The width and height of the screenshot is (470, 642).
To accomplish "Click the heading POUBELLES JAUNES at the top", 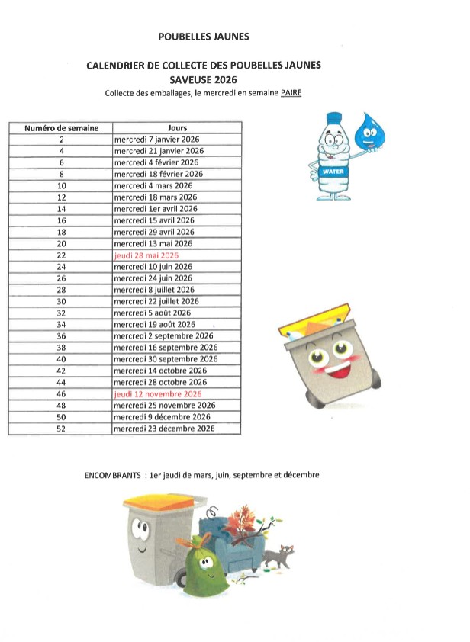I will tap(203, 36).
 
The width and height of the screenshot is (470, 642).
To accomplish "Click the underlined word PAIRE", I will tap(295, 93).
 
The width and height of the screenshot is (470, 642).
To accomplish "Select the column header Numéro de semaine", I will tap(61, 128).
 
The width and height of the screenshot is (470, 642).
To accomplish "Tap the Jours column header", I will tap(177, 128).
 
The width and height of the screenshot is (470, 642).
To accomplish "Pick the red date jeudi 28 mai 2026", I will tap(146, 255).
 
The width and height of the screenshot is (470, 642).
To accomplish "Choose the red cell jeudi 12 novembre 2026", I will tap(157, 394).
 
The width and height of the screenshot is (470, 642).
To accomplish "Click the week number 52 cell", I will tap(61, 429).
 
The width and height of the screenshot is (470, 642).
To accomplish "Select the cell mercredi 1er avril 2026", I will tap(156, 209).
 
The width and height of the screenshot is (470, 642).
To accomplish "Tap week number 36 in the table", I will tap(61, 336).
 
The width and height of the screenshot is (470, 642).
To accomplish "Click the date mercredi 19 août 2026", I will tap(155, 325).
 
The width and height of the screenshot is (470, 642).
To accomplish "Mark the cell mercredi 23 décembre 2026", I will tap(164, 429).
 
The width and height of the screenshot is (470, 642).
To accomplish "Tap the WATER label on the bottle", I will tap(333, 172).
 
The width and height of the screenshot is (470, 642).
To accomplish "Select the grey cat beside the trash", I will tap(282, 554).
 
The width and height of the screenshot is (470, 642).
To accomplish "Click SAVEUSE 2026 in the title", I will tap(204, 79).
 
